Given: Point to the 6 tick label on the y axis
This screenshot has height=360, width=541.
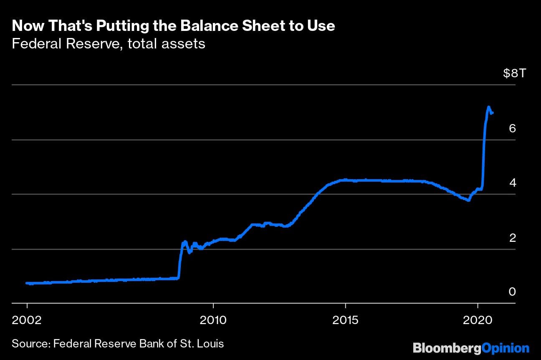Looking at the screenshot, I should (x=513, y=128).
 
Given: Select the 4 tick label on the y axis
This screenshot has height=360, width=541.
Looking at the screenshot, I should (x=513, y=183).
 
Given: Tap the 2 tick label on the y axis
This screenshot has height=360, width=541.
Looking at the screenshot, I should (x=513, y=238).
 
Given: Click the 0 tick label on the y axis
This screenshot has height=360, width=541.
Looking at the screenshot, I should (x=513, y=292).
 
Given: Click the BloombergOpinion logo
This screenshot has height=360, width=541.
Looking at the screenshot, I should (x=471, y=347).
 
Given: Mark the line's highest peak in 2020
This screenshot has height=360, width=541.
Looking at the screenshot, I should (x=488, y=107).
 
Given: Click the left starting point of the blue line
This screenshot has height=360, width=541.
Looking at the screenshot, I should (x=27, y=283).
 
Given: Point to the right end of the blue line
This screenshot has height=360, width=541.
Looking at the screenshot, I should (x=493, y=112).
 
